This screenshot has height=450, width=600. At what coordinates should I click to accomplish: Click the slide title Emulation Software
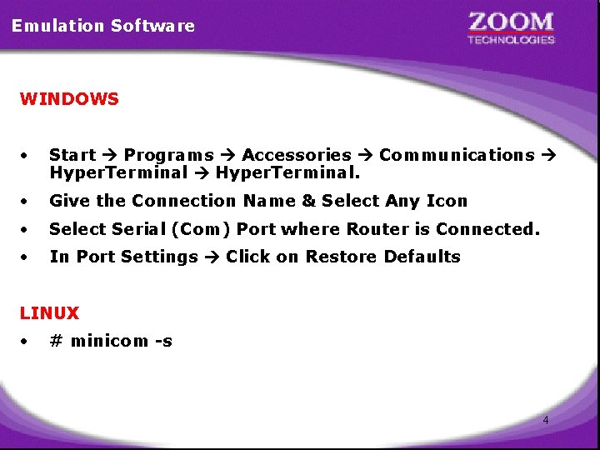click(103, 26)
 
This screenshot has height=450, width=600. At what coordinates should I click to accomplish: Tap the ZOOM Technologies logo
click(511, 27)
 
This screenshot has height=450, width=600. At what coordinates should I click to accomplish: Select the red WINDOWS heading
click(70, 99)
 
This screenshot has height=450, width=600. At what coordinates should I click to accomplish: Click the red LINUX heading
click(50, 313)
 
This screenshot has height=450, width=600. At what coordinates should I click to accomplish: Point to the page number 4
click(546, 420)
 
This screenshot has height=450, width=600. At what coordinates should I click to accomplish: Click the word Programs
click(168, 155)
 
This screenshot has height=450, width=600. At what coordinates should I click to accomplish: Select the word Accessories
click(297, 155)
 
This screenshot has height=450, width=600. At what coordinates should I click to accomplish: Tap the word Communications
click(457, 155)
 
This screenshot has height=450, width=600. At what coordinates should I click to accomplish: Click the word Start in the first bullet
click(72, 155)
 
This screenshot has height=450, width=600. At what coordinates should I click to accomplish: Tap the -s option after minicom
click(162, 341)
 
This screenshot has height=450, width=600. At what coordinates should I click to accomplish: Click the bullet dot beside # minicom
click(27, 341)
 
